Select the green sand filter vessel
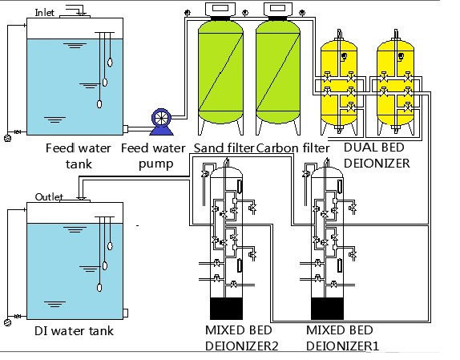220,76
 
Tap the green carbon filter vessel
277,76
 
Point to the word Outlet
50,197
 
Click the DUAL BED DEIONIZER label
377,156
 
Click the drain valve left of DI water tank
8,322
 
